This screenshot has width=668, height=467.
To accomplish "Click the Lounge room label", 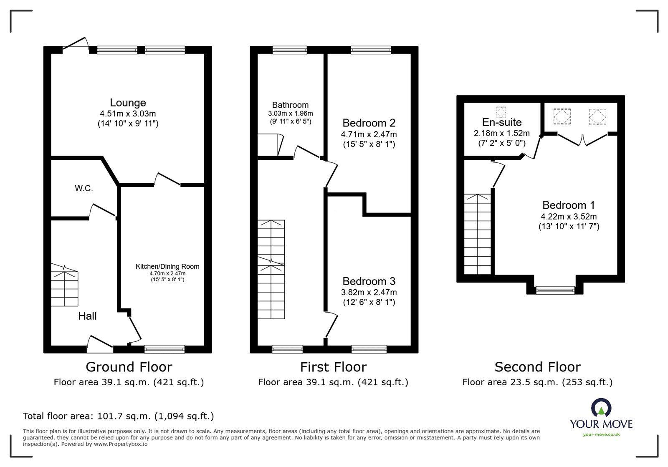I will coord(128,103).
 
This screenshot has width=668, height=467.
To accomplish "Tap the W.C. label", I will coord(84,188).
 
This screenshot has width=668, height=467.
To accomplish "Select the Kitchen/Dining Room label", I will coord(167,266).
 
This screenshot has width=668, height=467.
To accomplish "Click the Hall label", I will coord(87,316).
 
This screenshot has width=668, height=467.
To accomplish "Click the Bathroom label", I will coord(290,105).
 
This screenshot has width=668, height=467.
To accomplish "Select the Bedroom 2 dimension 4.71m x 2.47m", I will coord(369,134).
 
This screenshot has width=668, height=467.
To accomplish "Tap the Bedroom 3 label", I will coord(369,281).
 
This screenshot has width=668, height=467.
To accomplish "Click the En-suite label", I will coord(502,122).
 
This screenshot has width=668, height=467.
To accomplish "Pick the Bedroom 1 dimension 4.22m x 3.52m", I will coord(569,217).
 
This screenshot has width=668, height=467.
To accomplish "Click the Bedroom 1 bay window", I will coord(555,289).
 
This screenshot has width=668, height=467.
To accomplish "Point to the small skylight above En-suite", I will coord(501,112).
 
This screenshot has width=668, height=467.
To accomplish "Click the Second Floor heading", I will coord(537,367).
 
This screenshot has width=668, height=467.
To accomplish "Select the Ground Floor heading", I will coord(129,367).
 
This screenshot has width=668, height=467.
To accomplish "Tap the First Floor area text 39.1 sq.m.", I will coord(333,382).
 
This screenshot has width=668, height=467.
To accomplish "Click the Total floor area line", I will coord(119,416).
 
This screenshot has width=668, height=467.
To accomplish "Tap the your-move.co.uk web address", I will coord(601,434).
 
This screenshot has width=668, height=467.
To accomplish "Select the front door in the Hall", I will coord(100,342).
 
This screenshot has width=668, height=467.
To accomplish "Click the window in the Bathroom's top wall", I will coord(290,50).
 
